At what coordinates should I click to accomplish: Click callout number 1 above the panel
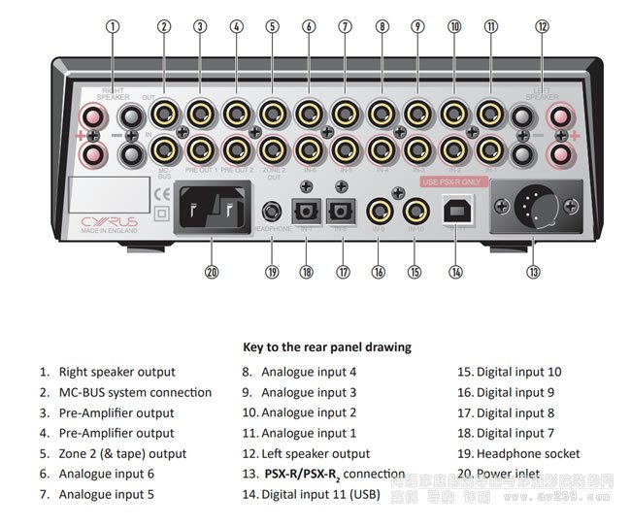tap(114, 27)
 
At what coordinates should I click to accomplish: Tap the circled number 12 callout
tap(543, 27)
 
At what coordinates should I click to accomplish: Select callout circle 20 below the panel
tap(212, 273)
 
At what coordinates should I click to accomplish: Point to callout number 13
tap(533, 273)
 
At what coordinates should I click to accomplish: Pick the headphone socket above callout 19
tap(272, 210)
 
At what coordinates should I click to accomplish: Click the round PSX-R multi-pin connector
tap(533, 206)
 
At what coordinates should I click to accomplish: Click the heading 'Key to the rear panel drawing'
tap(326, 346)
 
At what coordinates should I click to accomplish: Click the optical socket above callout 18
tap(307, 210)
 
